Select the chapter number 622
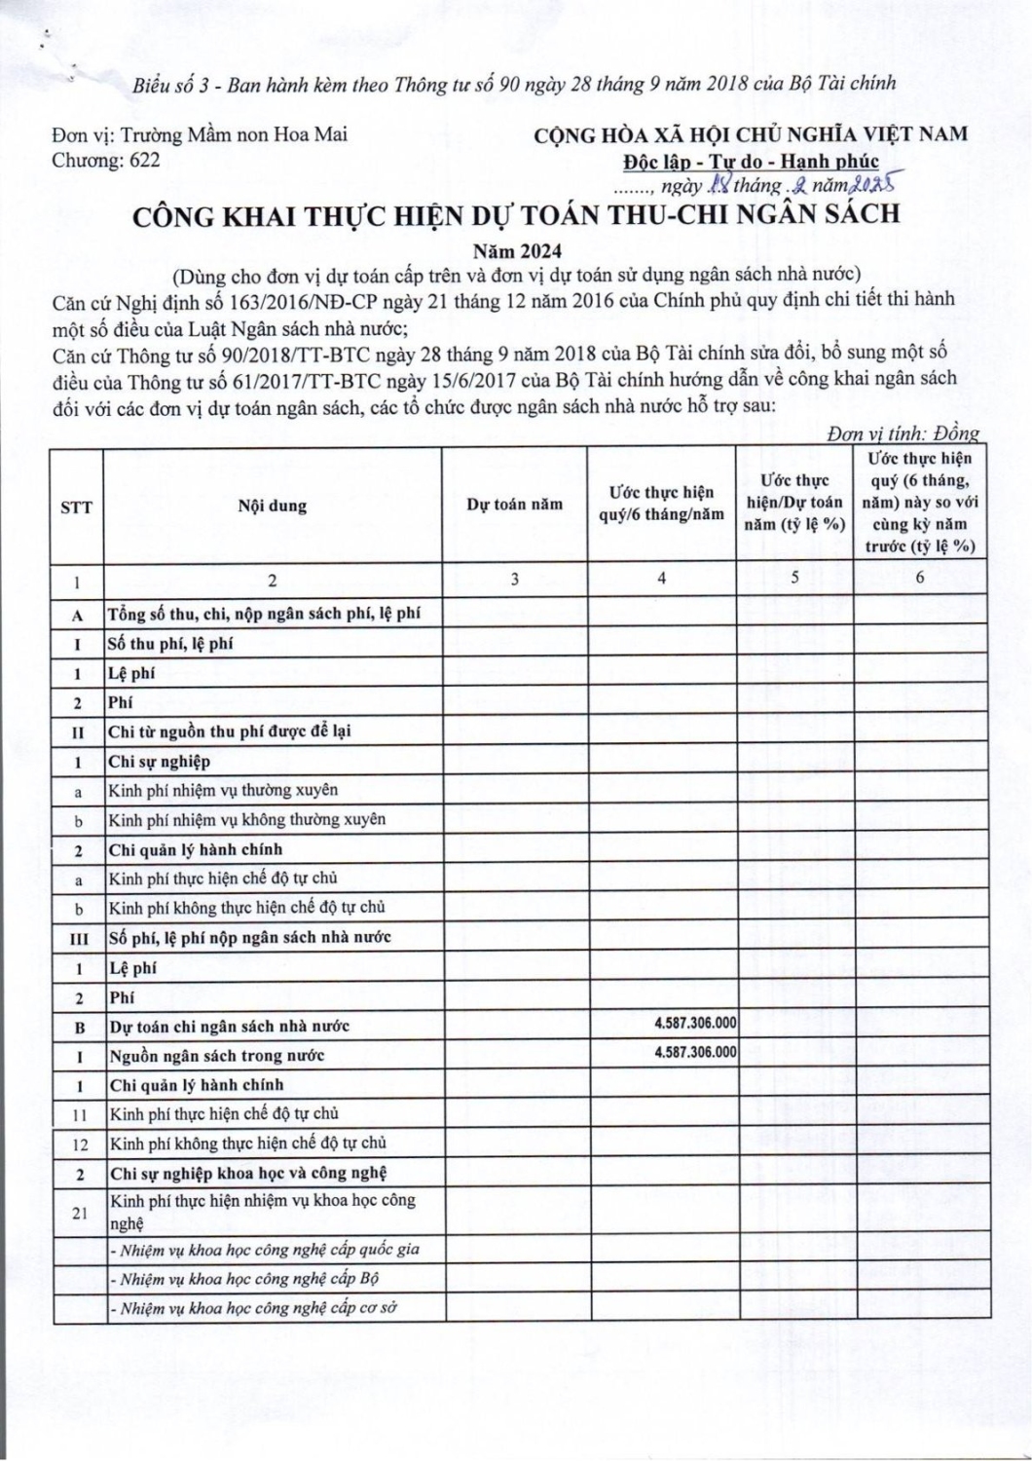[145, 161]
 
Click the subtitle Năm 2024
[516, 251]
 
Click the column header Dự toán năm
[514, 505]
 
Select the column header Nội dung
[272, 506]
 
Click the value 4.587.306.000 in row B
[695, 1023]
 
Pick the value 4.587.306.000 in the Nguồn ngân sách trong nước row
[695, 1052]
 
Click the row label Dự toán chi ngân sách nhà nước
[229, 1027]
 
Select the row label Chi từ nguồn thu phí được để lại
[230, 731]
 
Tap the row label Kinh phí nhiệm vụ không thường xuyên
[246, 820]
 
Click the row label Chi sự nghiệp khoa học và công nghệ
[248, 1173]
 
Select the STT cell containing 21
[78, 1213]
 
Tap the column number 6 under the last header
[920, 578]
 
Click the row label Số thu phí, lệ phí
[170, 644]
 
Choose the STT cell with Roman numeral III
[78, 938]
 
